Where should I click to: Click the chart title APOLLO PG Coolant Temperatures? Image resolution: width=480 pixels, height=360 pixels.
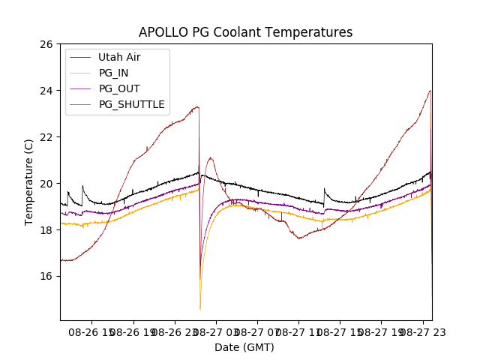(x=245, y=32)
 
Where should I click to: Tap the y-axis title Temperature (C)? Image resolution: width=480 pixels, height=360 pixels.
(x=29, y=182)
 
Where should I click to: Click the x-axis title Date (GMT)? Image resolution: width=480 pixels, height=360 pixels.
(x=244, y=347)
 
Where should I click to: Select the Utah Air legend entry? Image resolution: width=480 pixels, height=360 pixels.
(x=119, y=57)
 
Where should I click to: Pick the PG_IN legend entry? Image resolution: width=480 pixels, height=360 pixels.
(x=113, y=73)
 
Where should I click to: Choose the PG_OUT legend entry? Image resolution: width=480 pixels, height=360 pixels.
(x=119, y=88)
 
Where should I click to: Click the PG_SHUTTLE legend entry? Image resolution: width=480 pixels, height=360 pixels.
(x=132, y=104)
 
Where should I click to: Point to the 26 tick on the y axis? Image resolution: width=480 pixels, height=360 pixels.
(x=46, y=44)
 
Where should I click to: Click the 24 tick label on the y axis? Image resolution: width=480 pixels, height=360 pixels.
(x=46, y=91)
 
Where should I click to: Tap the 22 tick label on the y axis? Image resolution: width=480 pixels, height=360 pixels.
(x=46, y=137)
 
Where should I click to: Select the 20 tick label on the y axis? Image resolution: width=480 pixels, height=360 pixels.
(x=46, y=184)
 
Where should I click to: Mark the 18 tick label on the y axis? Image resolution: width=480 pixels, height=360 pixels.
(x=46, y=230)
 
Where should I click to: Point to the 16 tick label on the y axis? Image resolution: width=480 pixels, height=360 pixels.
(x=46, y=276)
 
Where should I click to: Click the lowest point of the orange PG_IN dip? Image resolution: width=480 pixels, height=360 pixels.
(x=200, y=308)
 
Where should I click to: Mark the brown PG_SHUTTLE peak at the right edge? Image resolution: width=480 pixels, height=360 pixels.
(x=430, y=91)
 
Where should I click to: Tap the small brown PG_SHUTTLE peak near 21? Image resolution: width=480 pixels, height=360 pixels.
(x=211, y=157)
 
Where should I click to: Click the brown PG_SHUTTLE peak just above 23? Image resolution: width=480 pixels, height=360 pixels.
(x=198, y=106)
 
